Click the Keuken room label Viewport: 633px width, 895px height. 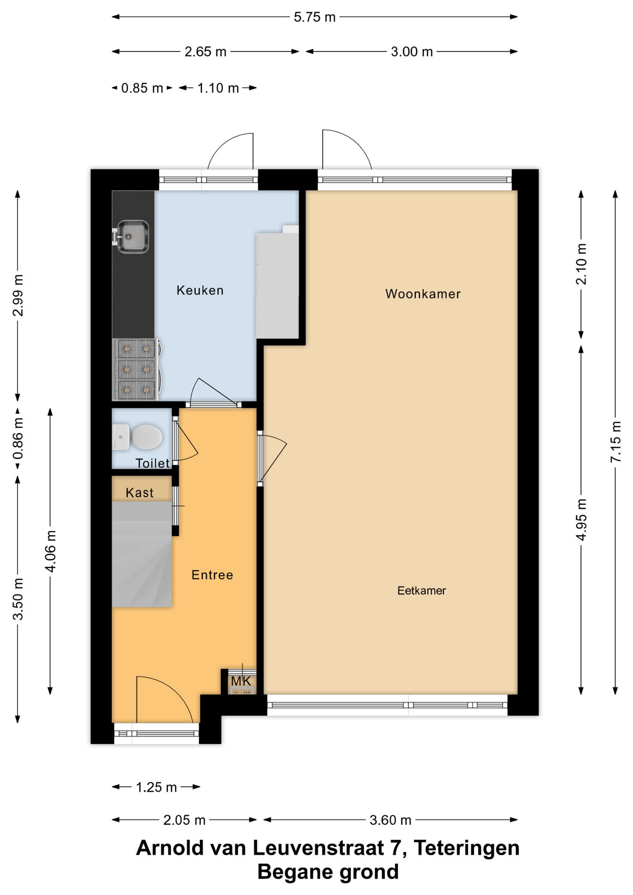(x=200, y=290)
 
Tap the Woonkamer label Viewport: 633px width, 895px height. (x=423, y=294)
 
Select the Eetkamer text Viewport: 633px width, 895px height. (x=421, y=591)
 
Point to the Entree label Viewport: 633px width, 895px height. (x=212, y=575)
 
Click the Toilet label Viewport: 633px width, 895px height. (x=152, y=463)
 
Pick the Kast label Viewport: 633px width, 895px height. (x=139, y=493)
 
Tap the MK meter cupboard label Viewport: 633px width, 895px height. (x=241, y=681)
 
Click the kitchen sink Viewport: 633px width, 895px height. (x=131, y=237)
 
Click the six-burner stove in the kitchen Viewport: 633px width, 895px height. (x=137, y=369)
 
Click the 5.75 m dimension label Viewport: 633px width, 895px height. (x=315, y=17)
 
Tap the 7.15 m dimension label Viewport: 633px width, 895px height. (x=616, y=441)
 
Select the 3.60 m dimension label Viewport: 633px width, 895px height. (x=391, y=820)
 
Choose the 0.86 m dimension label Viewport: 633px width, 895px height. (x=18, y=438)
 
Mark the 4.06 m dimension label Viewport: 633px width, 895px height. (x=50, y=551)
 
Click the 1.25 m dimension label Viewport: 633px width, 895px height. (x=156, y=787)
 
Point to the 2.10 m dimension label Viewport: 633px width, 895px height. (x=581, y=264)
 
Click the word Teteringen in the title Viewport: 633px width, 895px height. (x=467, y=848)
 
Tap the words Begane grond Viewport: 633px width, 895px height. (x=328, y=872)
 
